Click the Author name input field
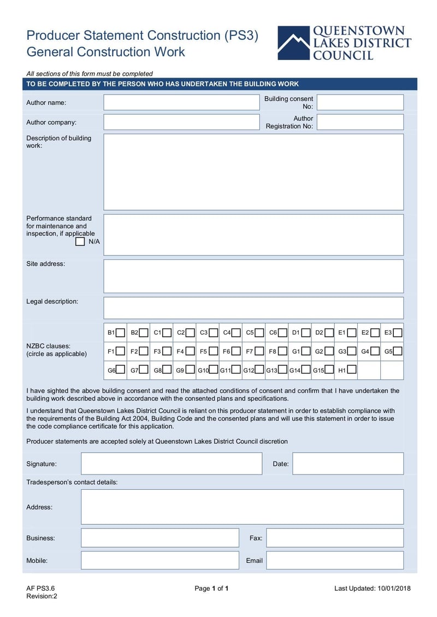tap(181, 103)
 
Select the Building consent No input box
tap(360, 103)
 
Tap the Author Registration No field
tap(360, 122)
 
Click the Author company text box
tap(181, 122)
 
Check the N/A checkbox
tap(80, 241)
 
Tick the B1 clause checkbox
tap(120, 333)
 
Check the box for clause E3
tap(398, 333)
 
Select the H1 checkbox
tap(352, 370)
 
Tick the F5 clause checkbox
tap(213, 351)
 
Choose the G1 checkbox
tap(306, 351)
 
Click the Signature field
tap(172, 464)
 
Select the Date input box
tap(348, 464)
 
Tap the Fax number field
tap(335, 538)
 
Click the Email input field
tap(335, 560)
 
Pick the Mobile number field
tap(160, 560)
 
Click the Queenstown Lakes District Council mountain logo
tap(293, 43)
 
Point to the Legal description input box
tap(253, 308)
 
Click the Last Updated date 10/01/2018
tap(393, 588)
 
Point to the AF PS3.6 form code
tap(40, 588)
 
